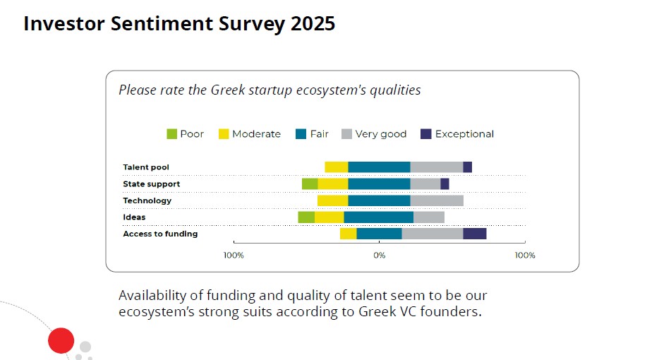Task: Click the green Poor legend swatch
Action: [x=171, y=134]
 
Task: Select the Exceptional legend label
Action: [x=464, y=134]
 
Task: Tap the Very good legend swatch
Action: [x=346, y=134]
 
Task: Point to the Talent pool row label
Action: [x=146, y=167]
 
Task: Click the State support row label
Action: [x=151, y=184]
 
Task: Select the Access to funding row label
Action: [x=160, y=234]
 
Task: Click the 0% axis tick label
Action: [x=380, y=255]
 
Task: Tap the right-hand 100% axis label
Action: [x=525, y=255]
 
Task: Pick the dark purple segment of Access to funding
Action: [x=474, y=234]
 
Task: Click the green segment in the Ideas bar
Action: [x=306, y=217]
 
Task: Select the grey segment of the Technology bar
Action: [x=437, y=200]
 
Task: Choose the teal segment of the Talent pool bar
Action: [x=379, y=167]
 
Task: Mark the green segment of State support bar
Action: [x=310, y=184]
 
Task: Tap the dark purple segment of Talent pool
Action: [x=467, y=167]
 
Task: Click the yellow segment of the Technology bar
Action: [x=332, y=200]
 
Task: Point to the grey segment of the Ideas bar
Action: [x=429, y=217]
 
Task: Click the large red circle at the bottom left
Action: [x=61, y=341]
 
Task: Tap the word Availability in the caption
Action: [x=153, y=295]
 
